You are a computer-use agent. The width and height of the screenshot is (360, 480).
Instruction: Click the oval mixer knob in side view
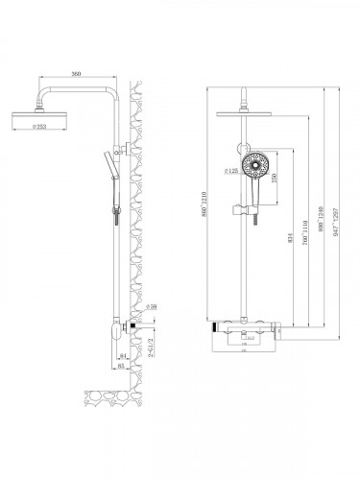(x=118, y=330)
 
